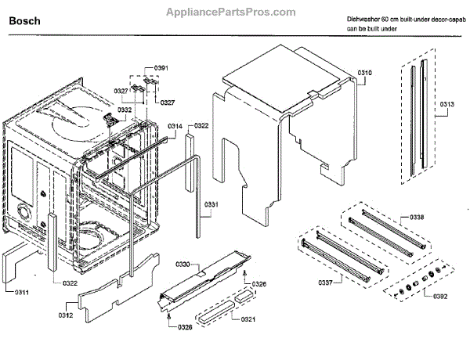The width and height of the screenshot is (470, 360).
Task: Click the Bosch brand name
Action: tap(24, 24)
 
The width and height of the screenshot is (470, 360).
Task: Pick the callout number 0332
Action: tap(125, 110)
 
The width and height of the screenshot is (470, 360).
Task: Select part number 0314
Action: tap(175, 126)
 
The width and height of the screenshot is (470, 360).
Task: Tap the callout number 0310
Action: tap(365, 73)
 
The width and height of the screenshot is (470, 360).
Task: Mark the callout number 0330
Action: tap(182, 265)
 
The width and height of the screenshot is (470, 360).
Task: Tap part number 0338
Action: tap(421, 216)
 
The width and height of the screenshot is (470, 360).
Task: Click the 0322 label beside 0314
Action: tap(201, 126)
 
